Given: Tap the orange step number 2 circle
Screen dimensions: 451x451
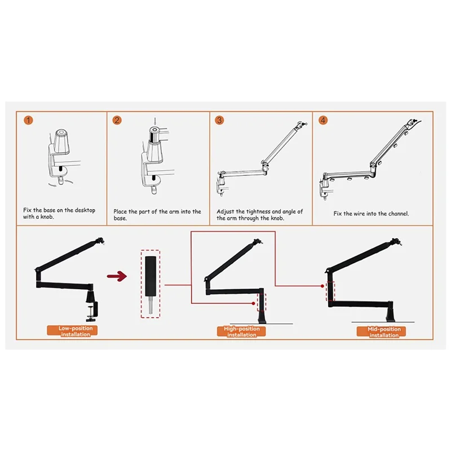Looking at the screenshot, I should [x=117, y=120].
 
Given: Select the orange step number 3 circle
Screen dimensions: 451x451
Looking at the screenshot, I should [x=219, y=120].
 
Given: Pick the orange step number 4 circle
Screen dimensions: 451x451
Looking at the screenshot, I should [x=323, y=120].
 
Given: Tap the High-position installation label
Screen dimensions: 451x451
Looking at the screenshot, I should [x=241, y=331].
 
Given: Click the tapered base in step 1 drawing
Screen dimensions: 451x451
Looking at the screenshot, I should [x=61, y=140].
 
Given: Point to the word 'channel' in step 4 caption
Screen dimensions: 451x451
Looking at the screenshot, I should [x=396, y=214].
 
